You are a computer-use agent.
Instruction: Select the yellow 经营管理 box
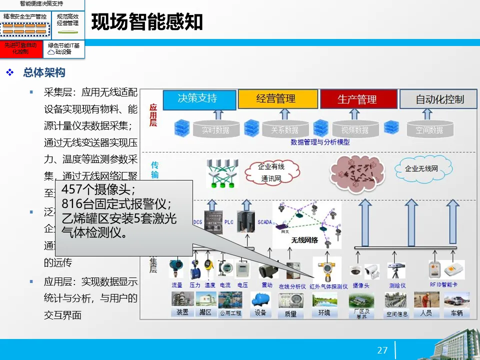pos(278,99)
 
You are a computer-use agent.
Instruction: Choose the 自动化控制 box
pos(439,99)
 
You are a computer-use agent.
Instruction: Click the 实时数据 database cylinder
pos(215,129)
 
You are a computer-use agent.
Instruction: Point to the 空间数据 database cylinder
pos(429,129)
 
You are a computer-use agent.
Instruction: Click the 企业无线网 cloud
pos(421,168)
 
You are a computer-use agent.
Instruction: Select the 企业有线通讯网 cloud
pos(270,172)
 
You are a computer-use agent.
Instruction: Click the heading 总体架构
pos(44,73)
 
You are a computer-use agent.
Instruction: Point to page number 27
pos(382,350)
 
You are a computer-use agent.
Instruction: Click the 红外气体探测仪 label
pos(328,286)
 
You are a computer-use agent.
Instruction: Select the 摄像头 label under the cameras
pos(361,285)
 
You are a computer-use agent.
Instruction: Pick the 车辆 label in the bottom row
pos(456,313)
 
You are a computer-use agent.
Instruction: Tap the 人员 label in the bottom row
pos(426,313)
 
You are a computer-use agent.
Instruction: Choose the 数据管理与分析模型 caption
pos(320,142)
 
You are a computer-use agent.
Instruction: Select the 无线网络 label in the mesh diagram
pos(304,240)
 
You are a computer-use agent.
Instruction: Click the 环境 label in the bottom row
pos(324,313)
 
